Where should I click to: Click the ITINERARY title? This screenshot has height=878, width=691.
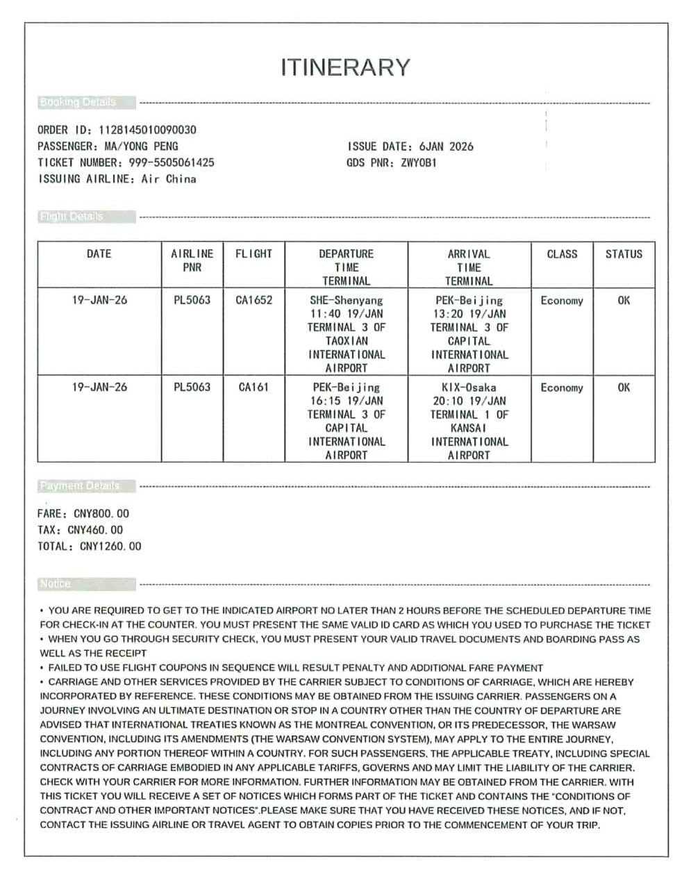tap(345, 67)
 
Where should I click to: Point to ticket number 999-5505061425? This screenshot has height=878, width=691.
tap(172, 163)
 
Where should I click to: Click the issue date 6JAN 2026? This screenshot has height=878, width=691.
tap(447, 147)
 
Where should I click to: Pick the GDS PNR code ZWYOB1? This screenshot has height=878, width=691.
tap(419, 163)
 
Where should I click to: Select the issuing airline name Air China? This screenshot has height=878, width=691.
tap(169, 179)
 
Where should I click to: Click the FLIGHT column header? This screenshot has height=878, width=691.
tap(253, 254)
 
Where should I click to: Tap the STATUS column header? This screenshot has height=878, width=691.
tap(624, 254)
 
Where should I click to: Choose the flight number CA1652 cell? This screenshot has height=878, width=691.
tap(253, 301)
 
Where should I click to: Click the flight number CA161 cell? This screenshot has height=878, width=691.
tap(253, 388)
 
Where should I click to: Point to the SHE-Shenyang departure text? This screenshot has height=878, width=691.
tap(346, 301)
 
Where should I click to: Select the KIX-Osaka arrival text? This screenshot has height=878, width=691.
tap(469, 388)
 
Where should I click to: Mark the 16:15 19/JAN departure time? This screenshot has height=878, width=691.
tap(346, 401)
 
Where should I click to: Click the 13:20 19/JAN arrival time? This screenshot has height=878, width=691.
tap(469, 314)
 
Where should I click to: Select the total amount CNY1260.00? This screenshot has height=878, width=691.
tap(110, 547)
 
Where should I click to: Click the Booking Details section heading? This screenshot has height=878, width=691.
tap(78, 103)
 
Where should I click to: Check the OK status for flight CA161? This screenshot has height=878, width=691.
tap(624, 388)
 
